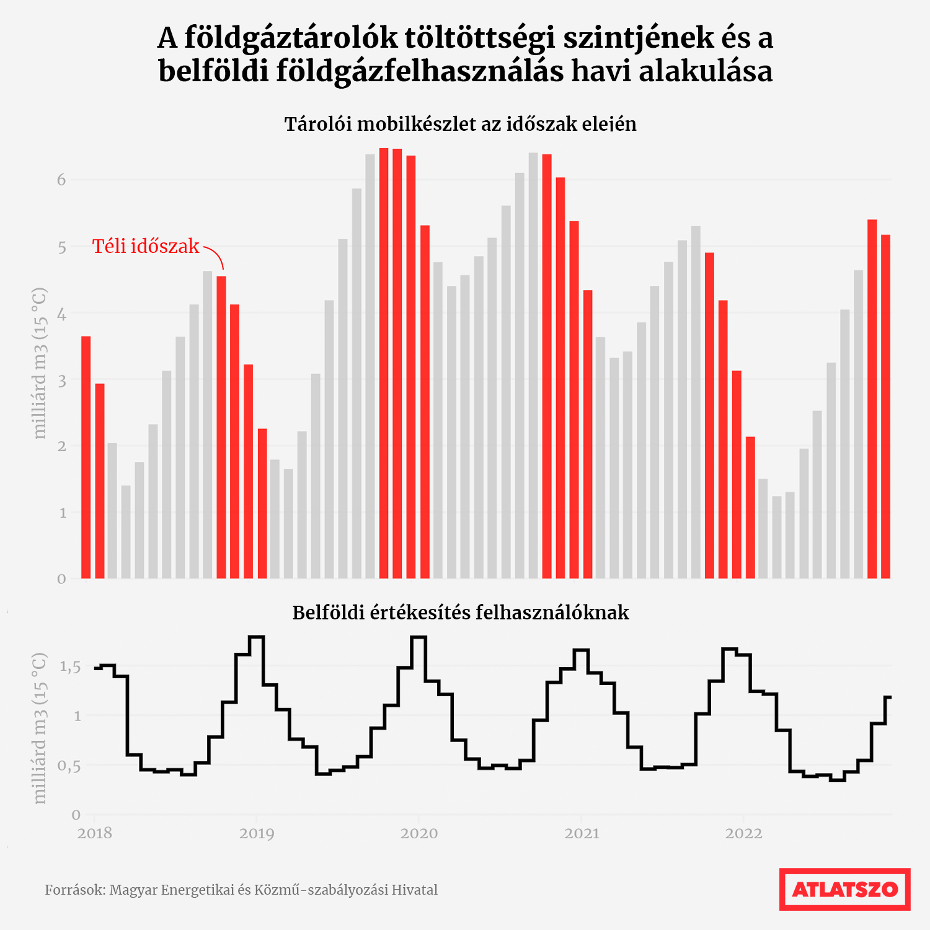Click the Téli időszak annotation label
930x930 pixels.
146,247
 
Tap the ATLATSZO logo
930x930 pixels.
844,889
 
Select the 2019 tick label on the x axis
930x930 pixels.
257,833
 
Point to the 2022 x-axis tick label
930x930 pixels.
743,833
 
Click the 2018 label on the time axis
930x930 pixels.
95,833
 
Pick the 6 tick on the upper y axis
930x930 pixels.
61,180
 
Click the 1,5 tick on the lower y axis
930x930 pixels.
70,667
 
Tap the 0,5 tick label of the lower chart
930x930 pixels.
70,766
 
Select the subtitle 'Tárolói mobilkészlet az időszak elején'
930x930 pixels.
460,125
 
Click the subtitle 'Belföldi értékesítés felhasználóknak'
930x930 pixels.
460,613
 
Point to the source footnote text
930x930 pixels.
241,890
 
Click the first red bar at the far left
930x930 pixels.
86,458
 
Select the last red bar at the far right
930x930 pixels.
885,406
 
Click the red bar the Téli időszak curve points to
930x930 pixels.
221,428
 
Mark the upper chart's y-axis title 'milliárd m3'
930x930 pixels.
40,363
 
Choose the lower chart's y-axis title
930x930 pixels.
40,728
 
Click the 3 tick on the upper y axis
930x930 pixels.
61,380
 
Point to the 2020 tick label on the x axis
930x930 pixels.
419,833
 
